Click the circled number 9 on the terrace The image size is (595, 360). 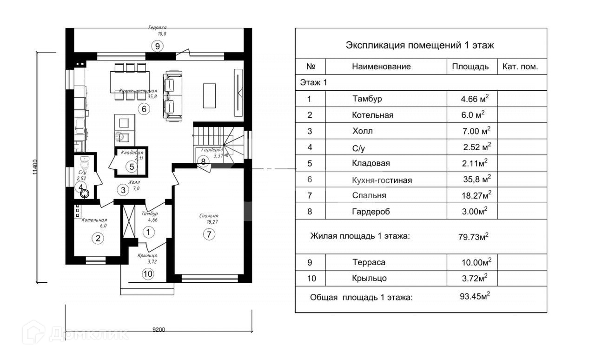tap(158, 46)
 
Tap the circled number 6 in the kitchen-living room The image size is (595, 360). tap(144, 109)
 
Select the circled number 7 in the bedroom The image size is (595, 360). tap(209, 234)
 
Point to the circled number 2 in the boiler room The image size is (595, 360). tap(98, 239)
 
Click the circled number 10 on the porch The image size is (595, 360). tap(147, 273)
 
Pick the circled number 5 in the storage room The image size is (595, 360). tap(132, 166)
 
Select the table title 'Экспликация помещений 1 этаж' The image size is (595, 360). tap(420, 45)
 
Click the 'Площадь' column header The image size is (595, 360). tap(470, 67)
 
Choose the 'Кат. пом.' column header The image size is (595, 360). tap(520, 67)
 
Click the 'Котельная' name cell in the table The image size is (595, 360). tap(373, 115)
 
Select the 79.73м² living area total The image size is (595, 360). tap(473, 236)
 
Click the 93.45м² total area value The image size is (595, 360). tap(475, 296)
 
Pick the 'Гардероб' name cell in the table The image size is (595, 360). tap(371, 212)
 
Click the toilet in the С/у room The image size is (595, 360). tap(85, 164)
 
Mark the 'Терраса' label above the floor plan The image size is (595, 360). tap(158, 28)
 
